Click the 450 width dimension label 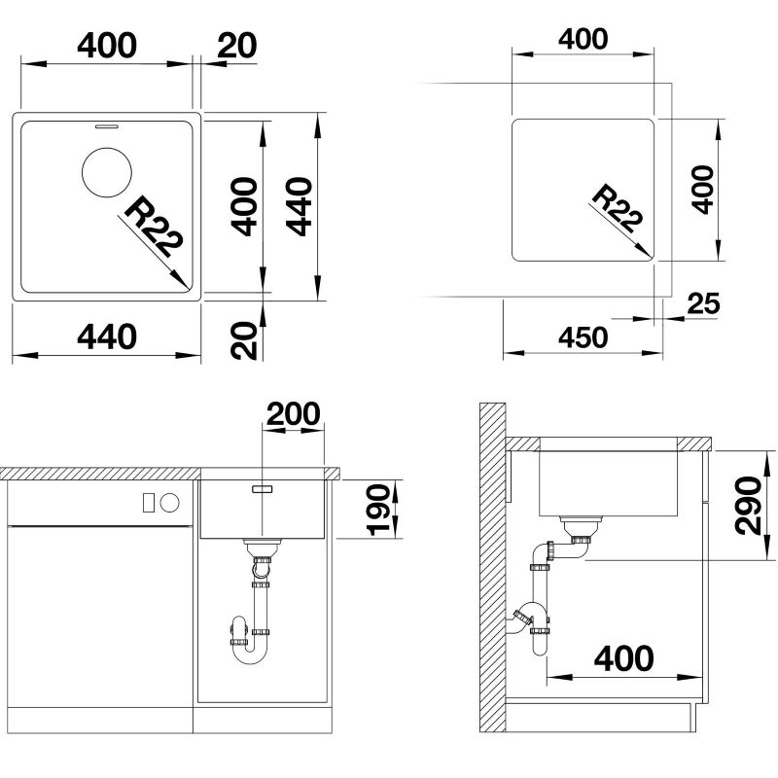583,337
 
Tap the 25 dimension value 703,303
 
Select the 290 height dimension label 748,506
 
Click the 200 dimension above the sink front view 294,414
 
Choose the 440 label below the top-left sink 107,336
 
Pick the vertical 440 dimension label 300,206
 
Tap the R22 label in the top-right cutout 618,208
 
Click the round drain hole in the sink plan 107,172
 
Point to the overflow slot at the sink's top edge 107,126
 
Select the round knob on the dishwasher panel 169,503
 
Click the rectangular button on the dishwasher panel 148,503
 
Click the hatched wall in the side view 492,567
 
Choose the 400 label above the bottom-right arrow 623,658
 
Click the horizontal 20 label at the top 237,46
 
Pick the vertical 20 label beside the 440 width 245,340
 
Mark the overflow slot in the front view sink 262,489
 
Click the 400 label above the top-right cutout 583,39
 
